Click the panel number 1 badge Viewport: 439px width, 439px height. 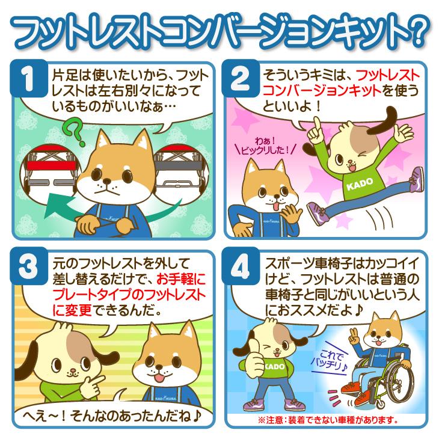tap(29, 78)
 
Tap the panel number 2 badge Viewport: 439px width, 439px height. tap(241, 78)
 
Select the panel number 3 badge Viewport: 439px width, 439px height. tap(29, 266)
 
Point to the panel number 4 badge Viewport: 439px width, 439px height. tap(241, 266)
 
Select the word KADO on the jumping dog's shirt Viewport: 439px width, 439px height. tap(360, 183)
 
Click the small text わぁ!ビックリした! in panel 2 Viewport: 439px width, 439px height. tap(265, 146)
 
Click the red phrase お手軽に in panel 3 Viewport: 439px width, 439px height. tap(181, 279)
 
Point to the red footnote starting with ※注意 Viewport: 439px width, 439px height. tap(328, 420)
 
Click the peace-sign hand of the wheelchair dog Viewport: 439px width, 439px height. tap(355, 337)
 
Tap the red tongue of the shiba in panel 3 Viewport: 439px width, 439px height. tap(159, 378)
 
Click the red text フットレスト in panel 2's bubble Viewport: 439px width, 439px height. tap(388, 75)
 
